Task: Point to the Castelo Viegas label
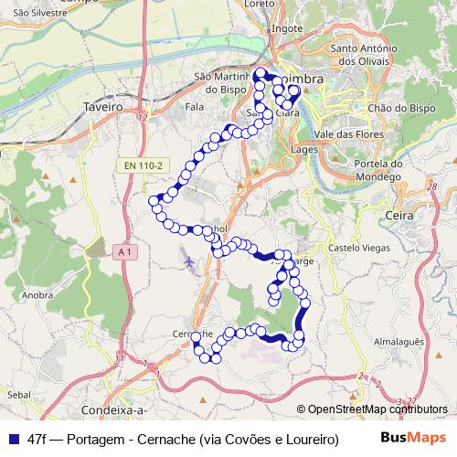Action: click(355, 248)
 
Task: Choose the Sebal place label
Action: click(18, 392)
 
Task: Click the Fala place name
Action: click(194, 107)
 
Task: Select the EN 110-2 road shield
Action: click(144, 165)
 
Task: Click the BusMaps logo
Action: click(413, 438)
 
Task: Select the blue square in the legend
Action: click(12, 438)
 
